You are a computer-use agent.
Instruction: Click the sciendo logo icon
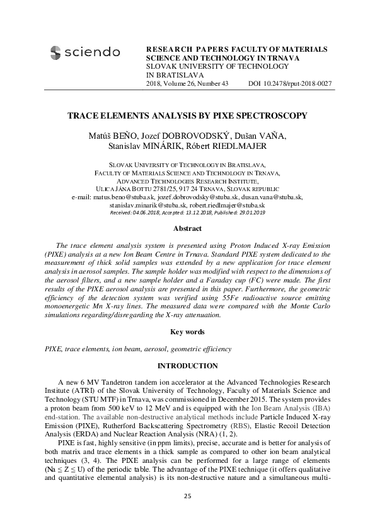coord(55,53)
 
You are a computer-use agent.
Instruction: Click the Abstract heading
coord(187,228)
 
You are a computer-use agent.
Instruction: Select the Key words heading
coord(187,332)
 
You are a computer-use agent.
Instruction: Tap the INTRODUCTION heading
coord(187,366)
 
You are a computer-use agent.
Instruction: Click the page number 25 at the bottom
coord(187,498)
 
